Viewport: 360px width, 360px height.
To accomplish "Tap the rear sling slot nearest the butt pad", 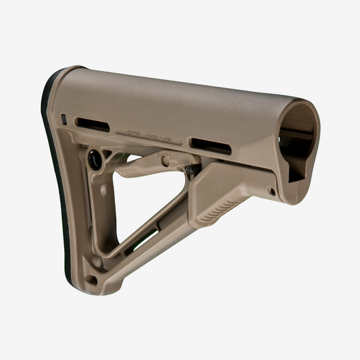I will coord(93,124).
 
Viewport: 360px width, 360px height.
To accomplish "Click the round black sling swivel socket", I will coord(95,159).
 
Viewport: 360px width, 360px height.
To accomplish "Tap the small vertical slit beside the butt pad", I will coord(64,119).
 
